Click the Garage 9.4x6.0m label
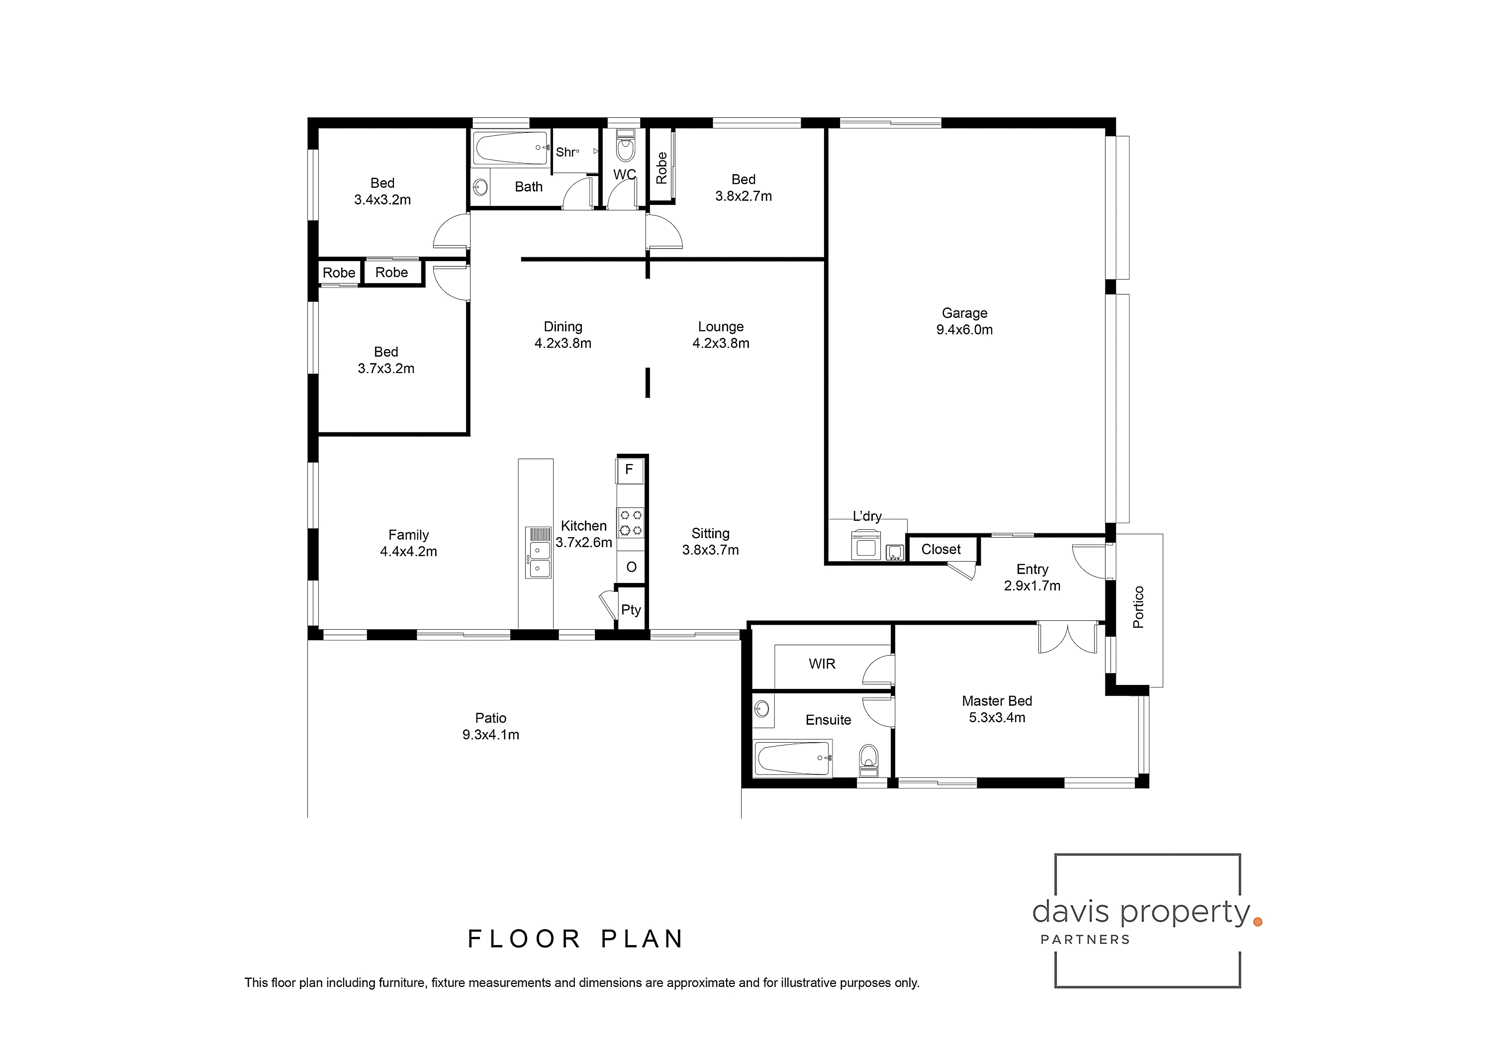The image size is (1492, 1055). coord(964,321)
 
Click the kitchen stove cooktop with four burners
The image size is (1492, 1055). coord(630,523)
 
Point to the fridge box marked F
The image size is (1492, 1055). coord(629,470)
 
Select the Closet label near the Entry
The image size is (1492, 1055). coord(940,549)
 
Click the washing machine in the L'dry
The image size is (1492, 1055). coord(865,545)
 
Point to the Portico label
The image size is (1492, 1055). coord(1138,607)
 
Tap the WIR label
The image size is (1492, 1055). coord(822,664)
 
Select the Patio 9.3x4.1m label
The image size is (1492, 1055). coord(490,726)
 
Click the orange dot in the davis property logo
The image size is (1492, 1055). coord(1257,922)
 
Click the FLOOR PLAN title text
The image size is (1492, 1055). coord(575,939)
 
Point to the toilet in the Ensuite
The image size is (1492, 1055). coord(868,759)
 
